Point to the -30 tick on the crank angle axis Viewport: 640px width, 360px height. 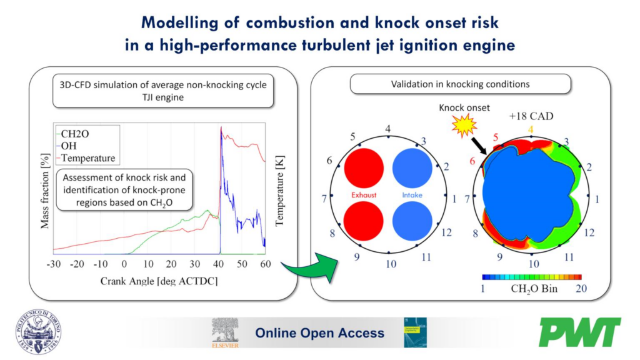tap(53, 264)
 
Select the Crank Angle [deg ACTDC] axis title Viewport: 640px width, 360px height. tap(159, 281)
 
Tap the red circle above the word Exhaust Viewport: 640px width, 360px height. tap(363, 167)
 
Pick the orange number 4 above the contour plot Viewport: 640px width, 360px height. tap(531, 130)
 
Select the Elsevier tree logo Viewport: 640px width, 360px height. tap(225, 332)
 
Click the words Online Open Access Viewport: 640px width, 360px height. tap(319, 333)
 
